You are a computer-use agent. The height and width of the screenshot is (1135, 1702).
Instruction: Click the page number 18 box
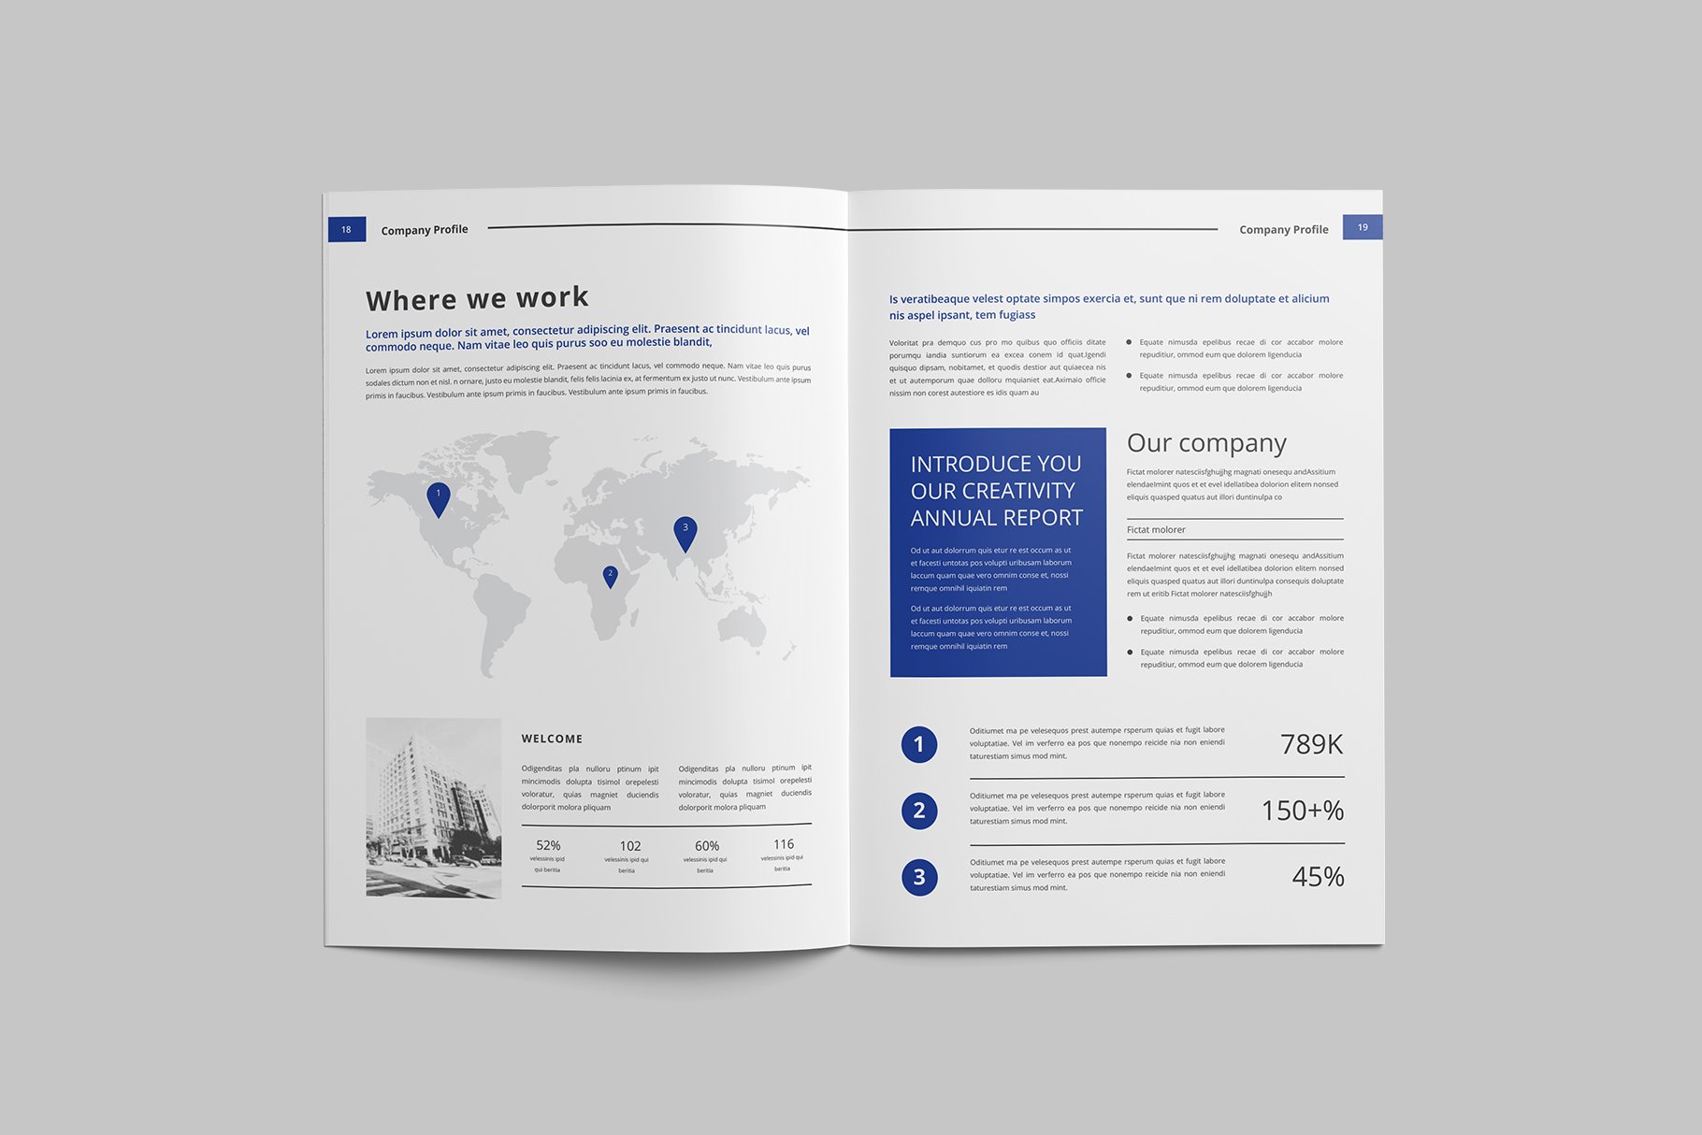point(346,229)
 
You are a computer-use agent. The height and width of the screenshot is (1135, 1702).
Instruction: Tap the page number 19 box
point(1362,227)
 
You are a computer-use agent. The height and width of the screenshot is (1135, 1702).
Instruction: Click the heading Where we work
point(477,298)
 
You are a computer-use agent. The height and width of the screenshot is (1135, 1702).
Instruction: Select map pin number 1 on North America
point(438,497)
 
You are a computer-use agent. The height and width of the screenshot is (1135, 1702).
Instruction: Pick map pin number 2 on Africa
point(610,576)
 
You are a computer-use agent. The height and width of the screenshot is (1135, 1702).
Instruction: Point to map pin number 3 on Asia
point(685,532)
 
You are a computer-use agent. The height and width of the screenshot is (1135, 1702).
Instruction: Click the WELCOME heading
point(552,739)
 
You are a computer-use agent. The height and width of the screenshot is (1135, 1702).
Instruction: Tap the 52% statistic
point(548,845)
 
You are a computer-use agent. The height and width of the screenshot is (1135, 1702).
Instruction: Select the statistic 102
point(630,845)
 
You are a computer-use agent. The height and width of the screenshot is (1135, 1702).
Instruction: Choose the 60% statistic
point(707,845)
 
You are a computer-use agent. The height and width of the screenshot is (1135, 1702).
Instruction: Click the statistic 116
point(784,844)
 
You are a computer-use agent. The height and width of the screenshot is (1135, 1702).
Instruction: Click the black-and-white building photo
point(433,808)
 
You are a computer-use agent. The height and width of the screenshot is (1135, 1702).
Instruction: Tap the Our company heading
point(1206,442)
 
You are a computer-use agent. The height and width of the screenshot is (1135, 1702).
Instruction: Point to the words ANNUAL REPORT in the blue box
point(996,518)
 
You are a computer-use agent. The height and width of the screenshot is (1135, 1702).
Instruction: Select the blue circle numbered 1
point(918,744)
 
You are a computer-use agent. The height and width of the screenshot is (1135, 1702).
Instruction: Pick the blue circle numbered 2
point(918,811)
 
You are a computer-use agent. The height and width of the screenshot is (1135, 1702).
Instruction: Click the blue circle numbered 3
point(918,877)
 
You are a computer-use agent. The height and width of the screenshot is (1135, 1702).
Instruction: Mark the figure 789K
point(1311,744)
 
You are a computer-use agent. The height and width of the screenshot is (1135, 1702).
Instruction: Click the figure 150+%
point(1302,811)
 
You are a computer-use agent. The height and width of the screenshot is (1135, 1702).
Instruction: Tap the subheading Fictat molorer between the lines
point(1156,529)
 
